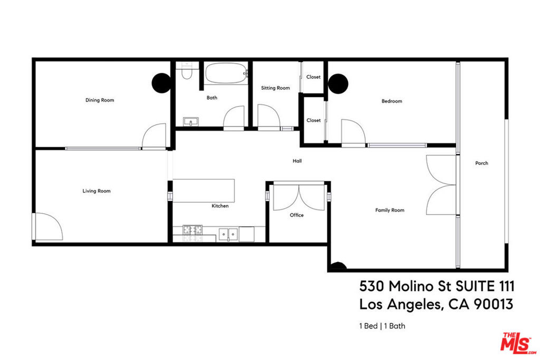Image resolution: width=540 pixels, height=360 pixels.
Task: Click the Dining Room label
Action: pyautogui.click(x=100, y=100)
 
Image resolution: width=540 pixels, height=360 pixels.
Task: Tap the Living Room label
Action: pyautogui.click(x=97, y=191)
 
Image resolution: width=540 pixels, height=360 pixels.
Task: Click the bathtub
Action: pyautogui.click(x=226, y=73)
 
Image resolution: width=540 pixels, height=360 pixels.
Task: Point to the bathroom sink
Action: pyautogui.click(x=191, y=122)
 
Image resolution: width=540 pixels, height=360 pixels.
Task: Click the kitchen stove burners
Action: pyautogui.click(x=192, y=230)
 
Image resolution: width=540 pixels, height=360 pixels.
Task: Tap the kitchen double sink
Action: pyautogui.click(x=228, y=234)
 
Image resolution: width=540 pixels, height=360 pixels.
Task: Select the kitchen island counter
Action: pyautogui.click(x=204, y=191)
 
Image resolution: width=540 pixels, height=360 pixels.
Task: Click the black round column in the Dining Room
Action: pyautogui.click(x=161, y=83)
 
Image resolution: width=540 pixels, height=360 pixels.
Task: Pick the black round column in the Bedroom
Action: pyautogui.click(x=338, y=84)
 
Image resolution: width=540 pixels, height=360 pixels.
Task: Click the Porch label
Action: pyautogui.click(x=481, y=163)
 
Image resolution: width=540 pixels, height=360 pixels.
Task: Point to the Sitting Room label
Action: pyautogui.click(x=275, y=88)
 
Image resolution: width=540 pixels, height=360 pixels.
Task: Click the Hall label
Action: pyautogui.click(x=297, y=161)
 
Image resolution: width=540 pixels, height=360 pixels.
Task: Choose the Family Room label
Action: pyautogui.click(x=390, y=210)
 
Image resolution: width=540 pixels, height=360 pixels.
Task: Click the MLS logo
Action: pyautogui.click(x=518, y=343)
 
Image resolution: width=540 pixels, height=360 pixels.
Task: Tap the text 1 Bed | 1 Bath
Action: pyautogui.click(x=382, y=326)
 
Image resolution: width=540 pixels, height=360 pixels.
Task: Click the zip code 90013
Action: pyautogui.click(x=494, y=304)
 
